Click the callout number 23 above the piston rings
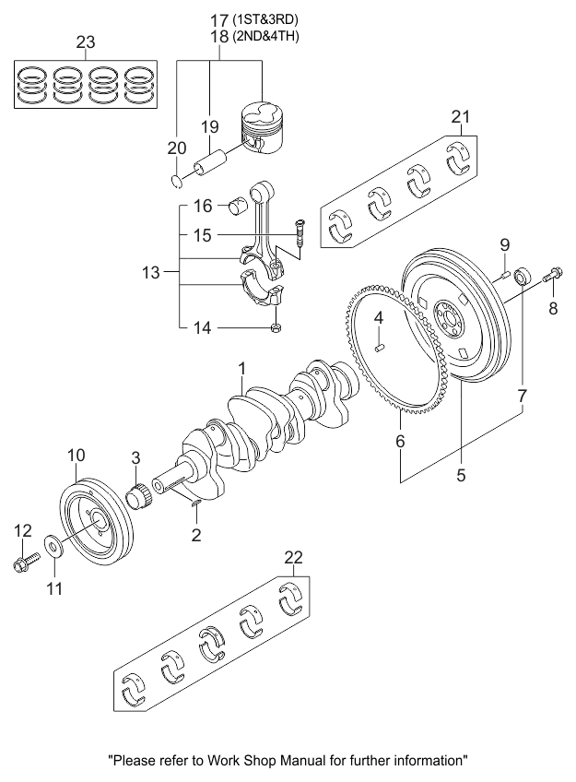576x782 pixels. (85, 42)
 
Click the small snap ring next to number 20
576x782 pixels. (176, 182)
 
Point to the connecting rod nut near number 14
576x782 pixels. (275, 327)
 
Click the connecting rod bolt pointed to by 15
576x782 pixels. (300, 233)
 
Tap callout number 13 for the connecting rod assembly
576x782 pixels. (150, 273)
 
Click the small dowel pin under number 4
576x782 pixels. (379, 347)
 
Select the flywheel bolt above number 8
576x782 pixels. (553, 273)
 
